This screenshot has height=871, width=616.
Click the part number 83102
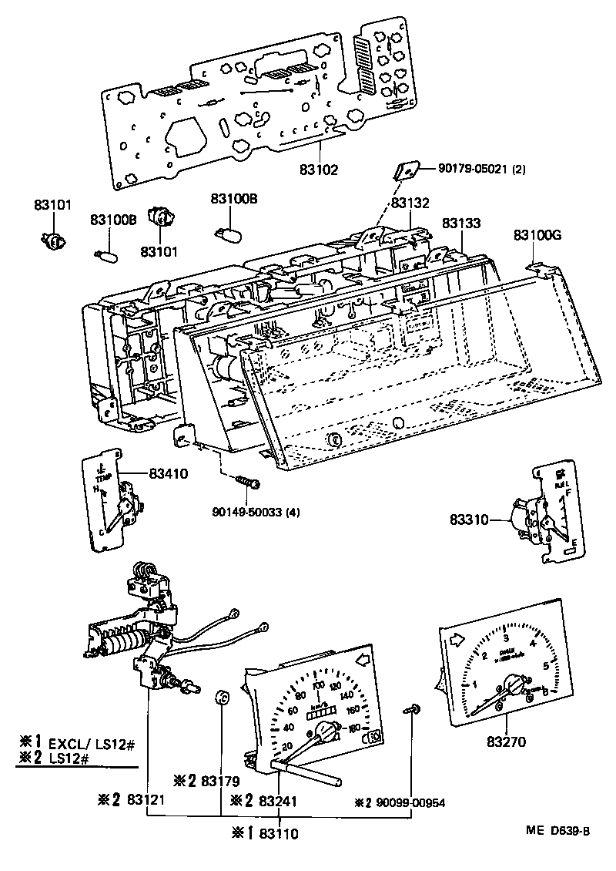[319, 169]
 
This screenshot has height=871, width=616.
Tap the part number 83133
[461, 224]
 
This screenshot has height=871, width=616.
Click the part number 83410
[168, 474]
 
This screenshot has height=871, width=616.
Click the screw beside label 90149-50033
[249, 482]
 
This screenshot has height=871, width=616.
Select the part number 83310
[470, 520]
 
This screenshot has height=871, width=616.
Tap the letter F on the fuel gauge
[567, 491]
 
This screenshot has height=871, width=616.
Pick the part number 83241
[279, 802]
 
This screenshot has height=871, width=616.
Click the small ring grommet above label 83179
[223, 698]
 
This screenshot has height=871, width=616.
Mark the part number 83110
[279, 833]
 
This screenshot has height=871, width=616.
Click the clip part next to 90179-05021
[407, 170]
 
